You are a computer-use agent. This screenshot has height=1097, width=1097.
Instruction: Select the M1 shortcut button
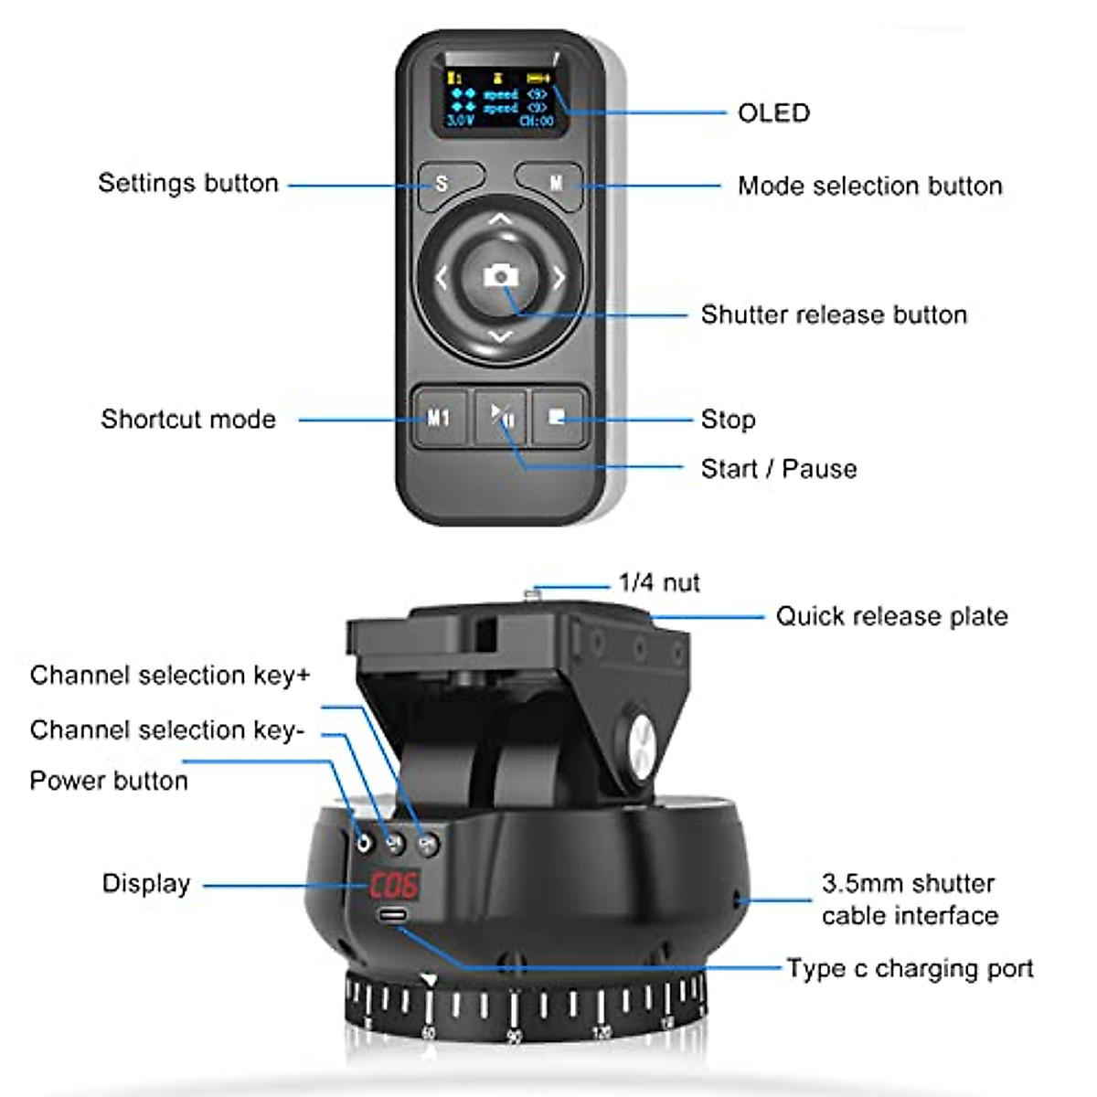(439, 418)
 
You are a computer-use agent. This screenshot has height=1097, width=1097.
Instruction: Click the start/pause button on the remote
(500, 418)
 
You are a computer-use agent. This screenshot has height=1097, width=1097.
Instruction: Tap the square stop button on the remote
(557, 418)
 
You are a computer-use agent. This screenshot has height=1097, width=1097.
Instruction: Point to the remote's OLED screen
(499, 99)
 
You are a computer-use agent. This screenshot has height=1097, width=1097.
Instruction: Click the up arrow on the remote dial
(499, 220)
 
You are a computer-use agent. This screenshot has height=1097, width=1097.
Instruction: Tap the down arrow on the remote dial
(499, 336)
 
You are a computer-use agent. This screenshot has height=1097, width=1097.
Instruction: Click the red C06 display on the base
(393, 885)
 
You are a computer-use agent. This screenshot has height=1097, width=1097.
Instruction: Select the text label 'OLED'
(773, 113)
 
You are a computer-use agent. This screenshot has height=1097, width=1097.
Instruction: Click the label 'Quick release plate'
(891, 616)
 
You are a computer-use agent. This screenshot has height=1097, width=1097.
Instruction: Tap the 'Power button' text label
(109, 781)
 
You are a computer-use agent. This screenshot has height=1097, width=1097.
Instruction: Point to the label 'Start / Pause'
(779, 469)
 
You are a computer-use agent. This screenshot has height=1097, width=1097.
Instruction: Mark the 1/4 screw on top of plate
(532, 595)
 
